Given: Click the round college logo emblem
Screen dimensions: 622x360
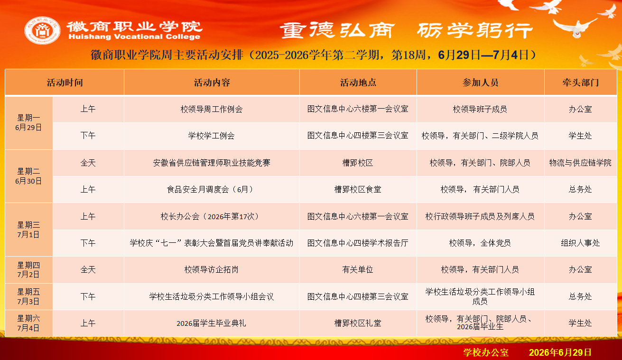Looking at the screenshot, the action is [x=42, y=30].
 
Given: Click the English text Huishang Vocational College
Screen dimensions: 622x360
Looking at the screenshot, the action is [x=134, y=37].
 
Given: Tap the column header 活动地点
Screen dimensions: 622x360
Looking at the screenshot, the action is [x=358, y=83].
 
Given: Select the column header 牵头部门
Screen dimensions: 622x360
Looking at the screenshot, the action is [x=580, y=83].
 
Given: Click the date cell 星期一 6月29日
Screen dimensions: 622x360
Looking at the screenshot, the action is [x=28, y=123].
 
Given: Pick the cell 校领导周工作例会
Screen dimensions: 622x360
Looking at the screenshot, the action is [x=212, y=109].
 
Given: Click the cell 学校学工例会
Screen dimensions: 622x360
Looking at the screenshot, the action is [x=212, y=136].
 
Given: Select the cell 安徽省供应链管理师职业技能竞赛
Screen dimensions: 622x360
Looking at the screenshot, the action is [x=212, y=163].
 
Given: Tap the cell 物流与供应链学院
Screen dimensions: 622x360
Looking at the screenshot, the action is [x=580, y=163].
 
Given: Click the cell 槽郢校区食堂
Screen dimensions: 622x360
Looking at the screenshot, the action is [x=358, y=189].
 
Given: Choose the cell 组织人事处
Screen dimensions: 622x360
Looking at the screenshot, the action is [x=580, y=243].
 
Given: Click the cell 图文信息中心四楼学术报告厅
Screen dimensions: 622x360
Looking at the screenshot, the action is [x=358, y=243].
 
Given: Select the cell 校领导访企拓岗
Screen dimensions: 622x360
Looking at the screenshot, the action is [x=212, y=269].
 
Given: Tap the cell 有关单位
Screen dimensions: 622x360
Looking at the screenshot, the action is [x=358, y=269].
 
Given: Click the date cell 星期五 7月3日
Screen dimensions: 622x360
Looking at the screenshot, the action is [x=28, y=296].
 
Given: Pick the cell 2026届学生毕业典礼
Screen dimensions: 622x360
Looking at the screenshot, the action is [x=212, y=323].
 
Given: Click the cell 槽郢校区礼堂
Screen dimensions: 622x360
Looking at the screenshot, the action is [x=358, y=323].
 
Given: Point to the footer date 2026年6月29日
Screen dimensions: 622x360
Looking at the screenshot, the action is [x=560, y=352].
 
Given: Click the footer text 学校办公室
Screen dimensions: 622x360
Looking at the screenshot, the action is [x=486, y=352].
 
